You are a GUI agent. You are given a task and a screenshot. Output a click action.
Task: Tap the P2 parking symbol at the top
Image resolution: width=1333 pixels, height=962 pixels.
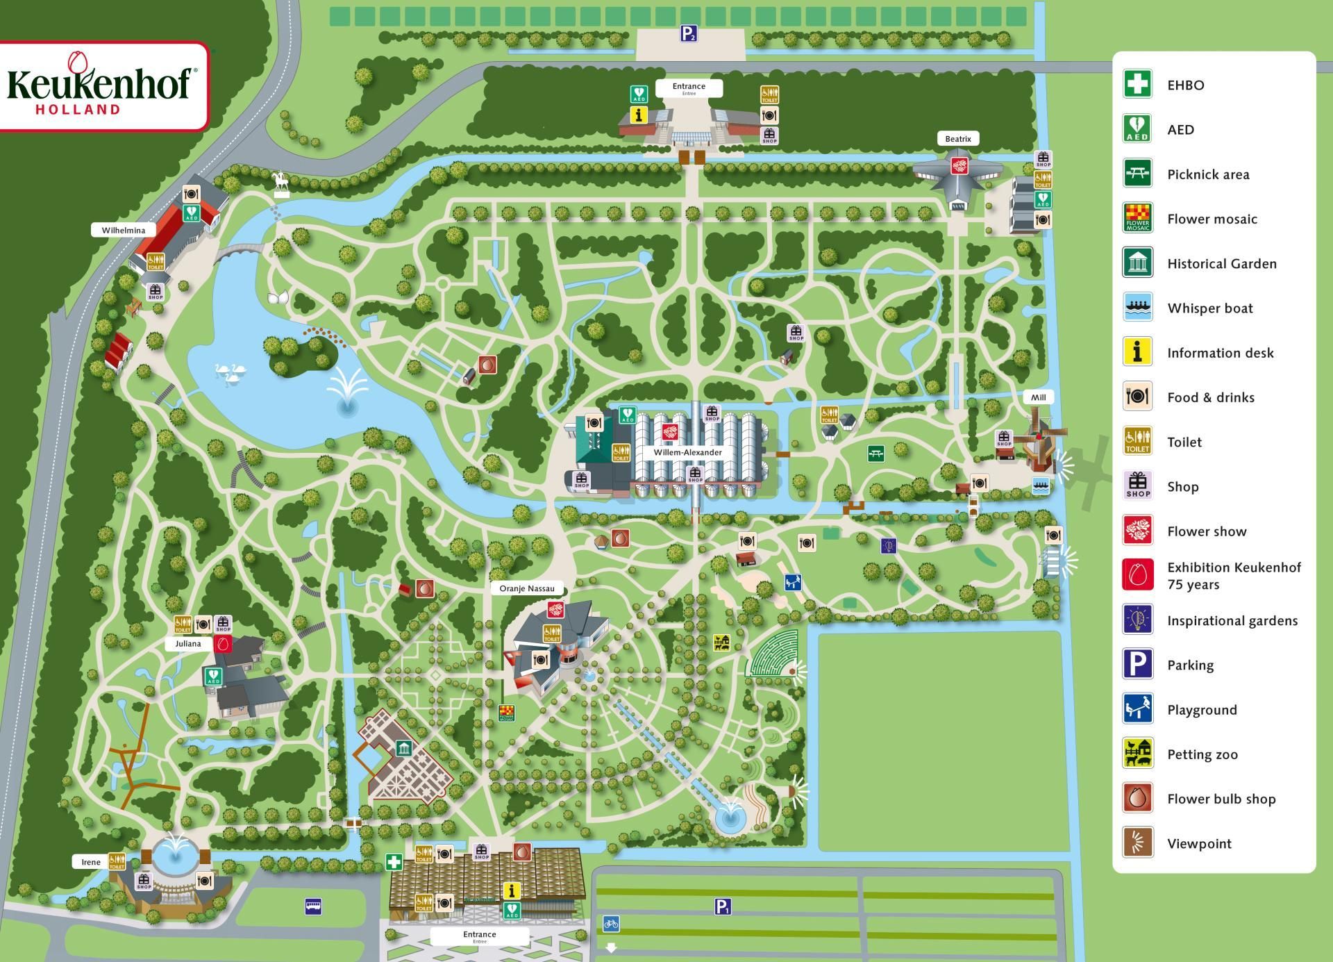688,33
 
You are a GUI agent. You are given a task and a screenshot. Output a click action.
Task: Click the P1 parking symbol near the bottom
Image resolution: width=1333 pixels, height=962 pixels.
723,906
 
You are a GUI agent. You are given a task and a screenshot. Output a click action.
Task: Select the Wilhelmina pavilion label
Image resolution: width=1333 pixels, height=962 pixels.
124,230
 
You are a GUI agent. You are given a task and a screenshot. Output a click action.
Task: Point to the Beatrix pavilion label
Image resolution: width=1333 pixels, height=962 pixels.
957,139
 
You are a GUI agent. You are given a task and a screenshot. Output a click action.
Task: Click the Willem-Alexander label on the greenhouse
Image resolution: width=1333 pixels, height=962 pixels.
687,452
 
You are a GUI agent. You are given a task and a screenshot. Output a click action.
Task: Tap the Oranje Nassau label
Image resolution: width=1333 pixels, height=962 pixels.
527,588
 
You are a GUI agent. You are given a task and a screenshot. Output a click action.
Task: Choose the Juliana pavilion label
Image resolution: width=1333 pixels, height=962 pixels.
187,644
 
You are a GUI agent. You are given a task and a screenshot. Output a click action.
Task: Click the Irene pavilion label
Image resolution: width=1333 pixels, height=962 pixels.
91,862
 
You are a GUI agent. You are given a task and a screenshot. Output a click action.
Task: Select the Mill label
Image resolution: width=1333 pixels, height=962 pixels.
1038,397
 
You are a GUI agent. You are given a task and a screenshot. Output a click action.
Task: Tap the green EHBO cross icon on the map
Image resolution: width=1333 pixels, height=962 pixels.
394,863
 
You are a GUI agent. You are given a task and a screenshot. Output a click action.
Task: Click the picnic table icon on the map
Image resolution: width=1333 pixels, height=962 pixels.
876,454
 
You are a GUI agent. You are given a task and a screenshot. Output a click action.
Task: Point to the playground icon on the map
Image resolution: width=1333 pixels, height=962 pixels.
793,582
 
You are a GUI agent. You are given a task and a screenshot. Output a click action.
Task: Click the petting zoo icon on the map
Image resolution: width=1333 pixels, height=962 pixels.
722,642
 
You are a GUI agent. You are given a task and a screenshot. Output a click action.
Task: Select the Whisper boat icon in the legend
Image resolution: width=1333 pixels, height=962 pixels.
1137,308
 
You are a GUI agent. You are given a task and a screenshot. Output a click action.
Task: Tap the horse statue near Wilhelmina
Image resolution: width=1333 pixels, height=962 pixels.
280,183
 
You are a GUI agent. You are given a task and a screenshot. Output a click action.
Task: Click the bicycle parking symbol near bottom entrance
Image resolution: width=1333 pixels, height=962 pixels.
611,924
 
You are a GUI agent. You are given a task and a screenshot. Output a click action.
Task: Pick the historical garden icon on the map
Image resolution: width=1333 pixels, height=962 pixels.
403,748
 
